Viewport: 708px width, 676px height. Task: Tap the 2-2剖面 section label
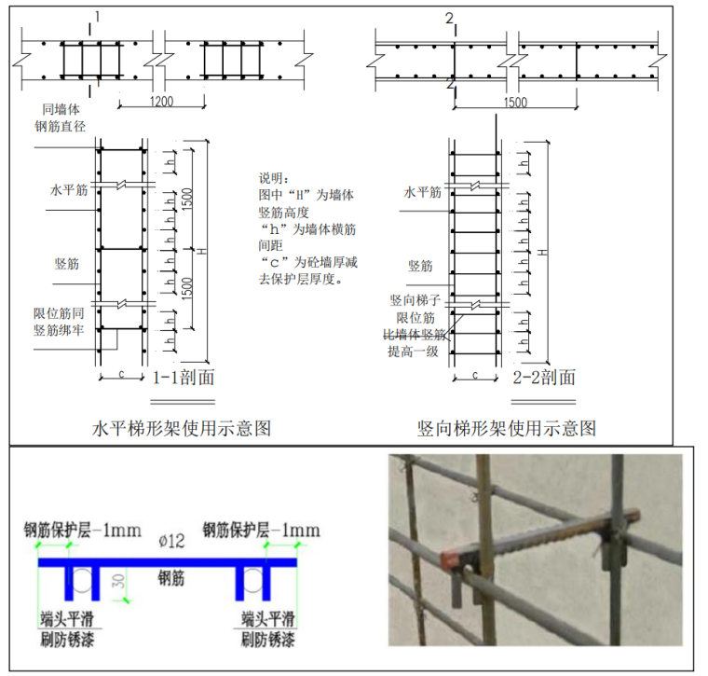(x=545, y=378)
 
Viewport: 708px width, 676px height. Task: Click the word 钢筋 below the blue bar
(x=171, y=579)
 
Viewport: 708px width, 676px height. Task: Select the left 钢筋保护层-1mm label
(x=83, y=531)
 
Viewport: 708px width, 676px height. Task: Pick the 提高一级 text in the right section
(x=413, y=352)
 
